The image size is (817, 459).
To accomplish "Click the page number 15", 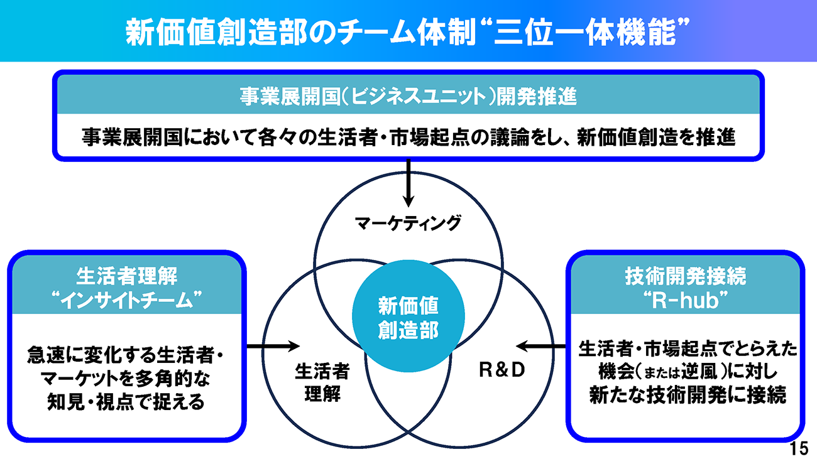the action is (x=799, y=448).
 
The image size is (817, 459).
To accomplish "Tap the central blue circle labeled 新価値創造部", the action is (x=408, y=316).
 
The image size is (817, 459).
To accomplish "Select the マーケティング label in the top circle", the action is (x=408, y=223).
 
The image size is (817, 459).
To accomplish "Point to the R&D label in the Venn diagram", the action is (x=502, y=370).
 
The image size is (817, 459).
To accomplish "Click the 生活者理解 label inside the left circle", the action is (x=322, y=382).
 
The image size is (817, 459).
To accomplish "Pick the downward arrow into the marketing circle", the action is (x=408, y=183).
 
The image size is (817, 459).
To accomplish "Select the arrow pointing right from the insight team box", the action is (x=273, y=346).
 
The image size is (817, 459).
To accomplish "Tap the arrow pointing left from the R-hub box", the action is (x=541, y=346).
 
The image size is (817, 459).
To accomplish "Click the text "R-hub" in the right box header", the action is (x=685, y=301).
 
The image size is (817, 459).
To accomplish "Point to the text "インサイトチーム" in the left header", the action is (x=126, y=301).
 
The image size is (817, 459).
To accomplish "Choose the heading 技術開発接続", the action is (x=685, y=276).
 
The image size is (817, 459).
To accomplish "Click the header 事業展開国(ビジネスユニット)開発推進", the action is (x=408, y=97).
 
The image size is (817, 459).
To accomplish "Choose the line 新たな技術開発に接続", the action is (x=687, y=395).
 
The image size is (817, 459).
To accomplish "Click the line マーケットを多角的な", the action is (x=125, y=379).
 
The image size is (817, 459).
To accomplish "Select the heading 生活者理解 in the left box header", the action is (x=126, y=276).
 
